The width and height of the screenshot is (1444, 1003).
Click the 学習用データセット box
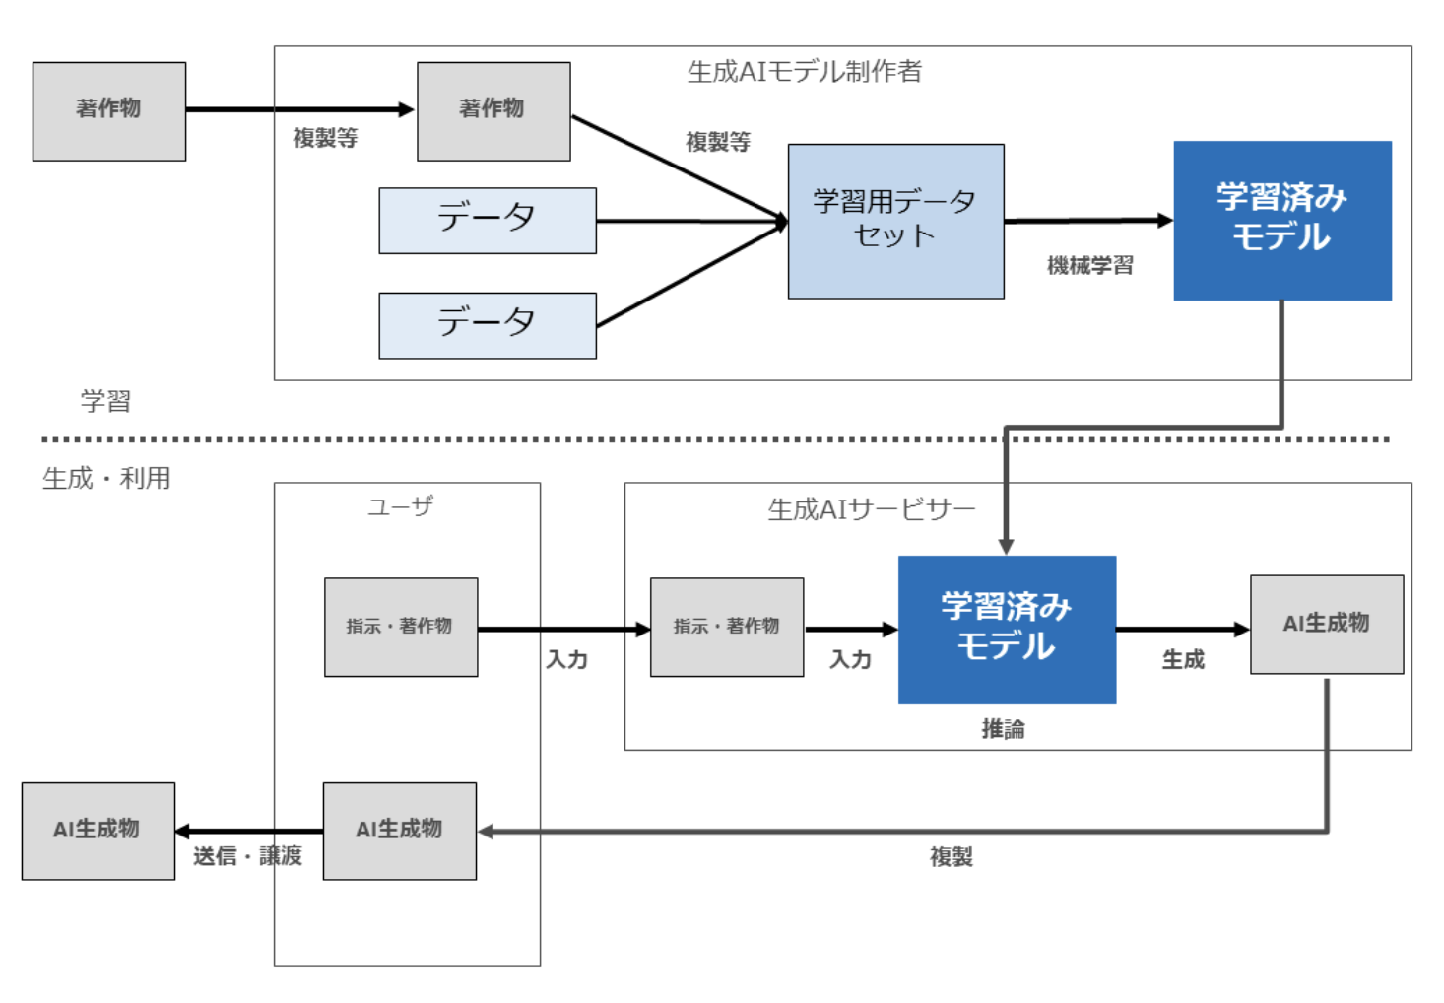pyautogui.click(x=895, y=221)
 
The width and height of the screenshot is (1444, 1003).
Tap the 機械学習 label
pyautogui.click(x=1089, y=265)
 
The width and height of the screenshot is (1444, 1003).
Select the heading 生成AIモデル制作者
pyautogui.click(x=804, y=71)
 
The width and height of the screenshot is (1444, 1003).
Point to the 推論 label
pyautogui.click(x=1003, y=728)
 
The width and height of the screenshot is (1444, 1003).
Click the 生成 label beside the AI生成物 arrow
pyautogui.click(x=1183, y=659)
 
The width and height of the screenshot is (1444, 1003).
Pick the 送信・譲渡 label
pyautogui.click(x=247, y=855)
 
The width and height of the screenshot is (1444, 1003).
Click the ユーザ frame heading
pyautogui.click(x=400, y=506)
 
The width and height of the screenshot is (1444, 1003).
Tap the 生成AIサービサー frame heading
pyautogui.click(x=871, y=509)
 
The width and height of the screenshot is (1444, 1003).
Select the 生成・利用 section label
pyautogui.click(x=106, y=478)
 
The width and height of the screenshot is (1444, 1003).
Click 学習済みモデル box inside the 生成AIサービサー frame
pyautogui.click(x=1007, y=629)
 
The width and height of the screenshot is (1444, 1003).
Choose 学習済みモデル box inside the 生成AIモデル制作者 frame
pyautogui.click(x=1281, y=220)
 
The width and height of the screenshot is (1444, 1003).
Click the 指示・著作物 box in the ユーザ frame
pyautogui.click(x=401, y=627)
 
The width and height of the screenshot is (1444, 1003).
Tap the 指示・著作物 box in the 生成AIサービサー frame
pyautogui.click(x=727, y=627)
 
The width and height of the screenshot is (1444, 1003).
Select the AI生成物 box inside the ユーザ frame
pyautogui.click(x=399, y=830)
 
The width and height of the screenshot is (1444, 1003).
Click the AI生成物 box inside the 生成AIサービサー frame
pyautogui.click(x=1326, y=624)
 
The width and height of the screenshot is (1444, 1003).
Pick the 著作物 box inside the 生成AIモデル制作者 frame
pyautogui.click(x=493, y=110)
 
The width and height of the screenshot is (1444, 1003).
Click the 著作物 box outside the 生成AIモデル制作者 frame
pyautogui.click(x=108, y=110)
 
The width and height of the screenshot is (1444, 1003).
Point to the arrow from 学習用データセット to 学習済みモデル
pyautogui.click(x=1083, y=221)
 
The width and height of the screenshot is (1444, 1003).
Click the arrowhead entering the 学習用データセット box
pyautogui.click(x=781, y=222)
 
